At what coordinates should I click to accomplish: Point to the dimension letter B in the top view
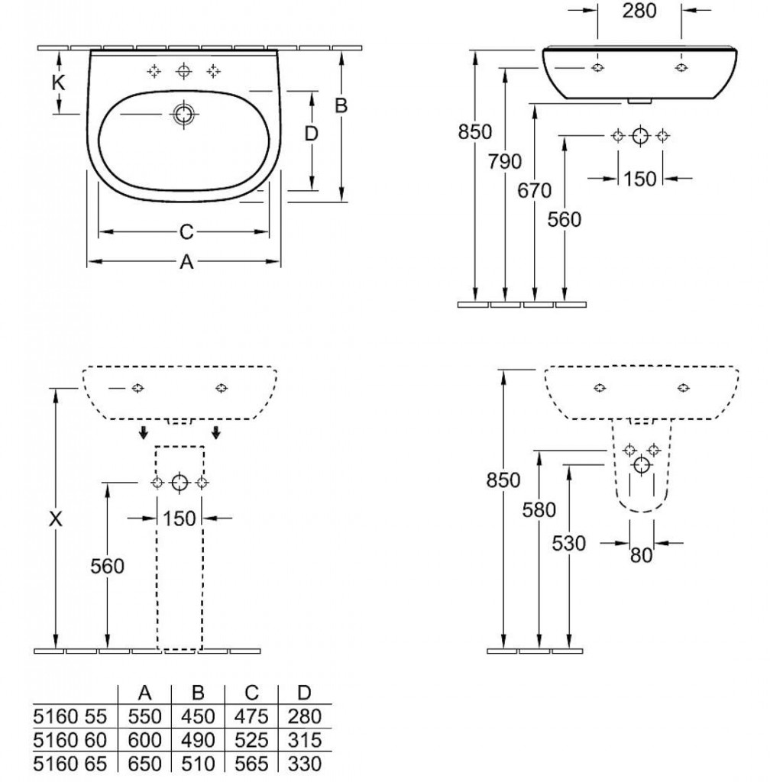click(341, 106)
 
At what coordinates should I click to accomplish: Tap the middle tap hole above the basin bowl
click(183, 72)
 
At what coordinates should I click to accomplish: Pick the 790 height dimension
click(504, 161)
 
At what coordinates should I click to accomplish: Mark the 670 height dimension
click(534, 191)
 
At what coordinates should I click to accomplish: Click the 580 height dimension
click(539, 509)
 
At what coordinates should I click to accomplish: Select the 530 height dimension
click(569, 543)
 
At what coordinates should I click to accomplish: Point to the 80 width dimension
click(642, 556)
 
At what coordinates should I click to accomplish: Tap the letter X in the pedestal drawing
click(55, 519)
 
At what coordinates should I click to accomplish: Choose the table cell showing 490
click(198, 740)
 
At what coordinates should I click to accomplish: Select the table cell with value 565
click(251, 764)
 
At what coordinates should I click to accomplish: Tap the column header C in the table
click(251, 693)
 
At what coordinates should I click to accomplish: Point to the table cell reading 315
click(305, 740)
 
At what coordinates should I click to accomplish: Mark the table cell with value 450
click(198, 716)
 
